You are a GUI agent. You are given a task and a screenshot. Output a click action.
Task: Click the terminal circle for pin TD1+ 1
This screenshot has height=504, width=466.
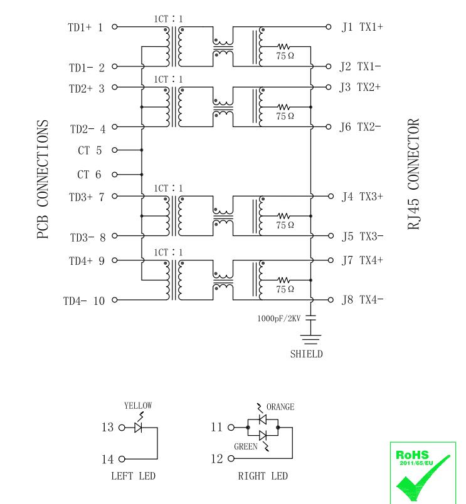(x=114, y=27)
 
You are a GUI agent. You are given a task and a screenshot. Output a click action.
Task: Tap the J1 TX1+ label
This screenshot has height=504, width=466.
(x=363, y=27)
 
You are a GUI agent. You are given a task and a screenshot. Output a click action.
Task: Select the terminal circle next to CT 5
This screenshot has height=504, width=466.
(x=114, y=150)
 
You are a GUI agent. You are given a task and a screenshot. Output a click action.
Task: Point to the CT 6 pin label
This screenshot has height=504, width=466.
(x=90, y=175)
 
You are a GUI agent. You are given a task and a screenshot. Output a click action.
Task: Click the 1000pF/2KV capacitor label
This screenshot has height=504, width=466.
(x=279, y=319)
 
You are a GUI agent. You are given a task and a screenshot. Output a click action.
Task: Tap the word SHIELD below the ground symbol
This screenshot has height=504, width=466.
(x=306, y=354)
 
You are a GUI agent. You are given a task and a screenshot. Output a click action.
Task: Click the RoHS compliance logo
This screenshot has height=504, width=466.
(x=423, y=473)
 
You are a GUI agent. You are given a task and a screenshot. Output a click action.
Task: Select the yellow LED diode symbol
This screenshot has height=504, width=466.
(x=138, y=428)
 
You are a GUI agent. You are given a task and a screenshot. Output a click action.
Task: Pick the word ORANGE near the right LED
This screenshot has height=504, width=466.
(x=280, y=407)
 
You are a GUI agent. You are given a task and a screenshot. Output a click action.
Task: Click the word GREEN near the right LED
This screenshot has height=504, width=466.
(x=246, y=446)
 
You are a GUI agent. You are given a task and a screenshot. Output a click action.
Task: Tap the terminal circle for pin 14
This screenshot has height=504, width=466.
(x=122, y=459)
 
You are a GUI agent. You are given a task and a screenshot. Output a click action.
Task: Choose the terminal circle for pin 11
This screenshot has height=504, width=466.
(x=231, y=428)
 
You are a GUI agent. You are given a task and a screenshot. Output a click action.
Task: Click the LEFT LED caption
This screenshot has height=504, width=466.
(x=134, y=476)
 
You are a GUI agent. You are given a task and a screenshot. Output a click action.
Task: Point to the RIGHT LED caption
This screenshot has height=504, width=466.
(x=263, y=476)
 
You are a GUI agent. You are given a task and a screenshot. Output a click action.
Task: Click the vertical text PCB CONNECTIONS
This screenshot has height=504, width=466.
(x=43, y=179)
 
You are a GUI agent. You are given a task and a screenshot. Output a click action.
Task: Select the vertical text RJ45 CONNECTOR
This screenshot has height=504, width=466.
(x=413, y=174)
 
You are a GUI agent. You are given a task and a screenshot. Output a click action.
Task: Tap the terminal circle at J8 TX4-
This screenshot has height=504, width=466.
(x=331, y=300)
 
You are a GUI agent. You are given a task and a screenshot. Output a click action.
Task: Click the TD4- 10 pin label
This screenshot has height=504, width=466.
(x=84, y=301)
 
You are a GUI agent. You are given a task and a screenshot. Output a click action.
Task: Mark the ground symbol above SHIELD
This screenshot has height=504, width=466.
(x=311, y=339)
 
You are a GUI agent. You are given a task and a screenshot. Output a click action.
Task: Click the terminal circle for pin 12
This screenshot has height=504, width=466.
(x=231, y=459)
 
